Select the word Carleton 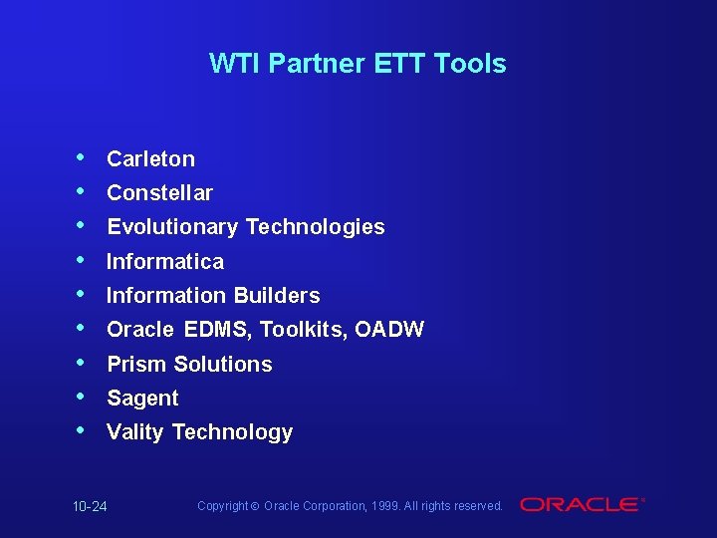(150, 158)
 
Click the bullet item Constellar (159, 192)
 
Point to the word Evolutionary (172, 227)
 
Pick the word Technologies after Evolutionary (315, 227)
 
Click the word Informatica (165, 261)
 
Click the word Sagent (142, 399)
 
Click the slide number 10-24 (90, 507)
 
